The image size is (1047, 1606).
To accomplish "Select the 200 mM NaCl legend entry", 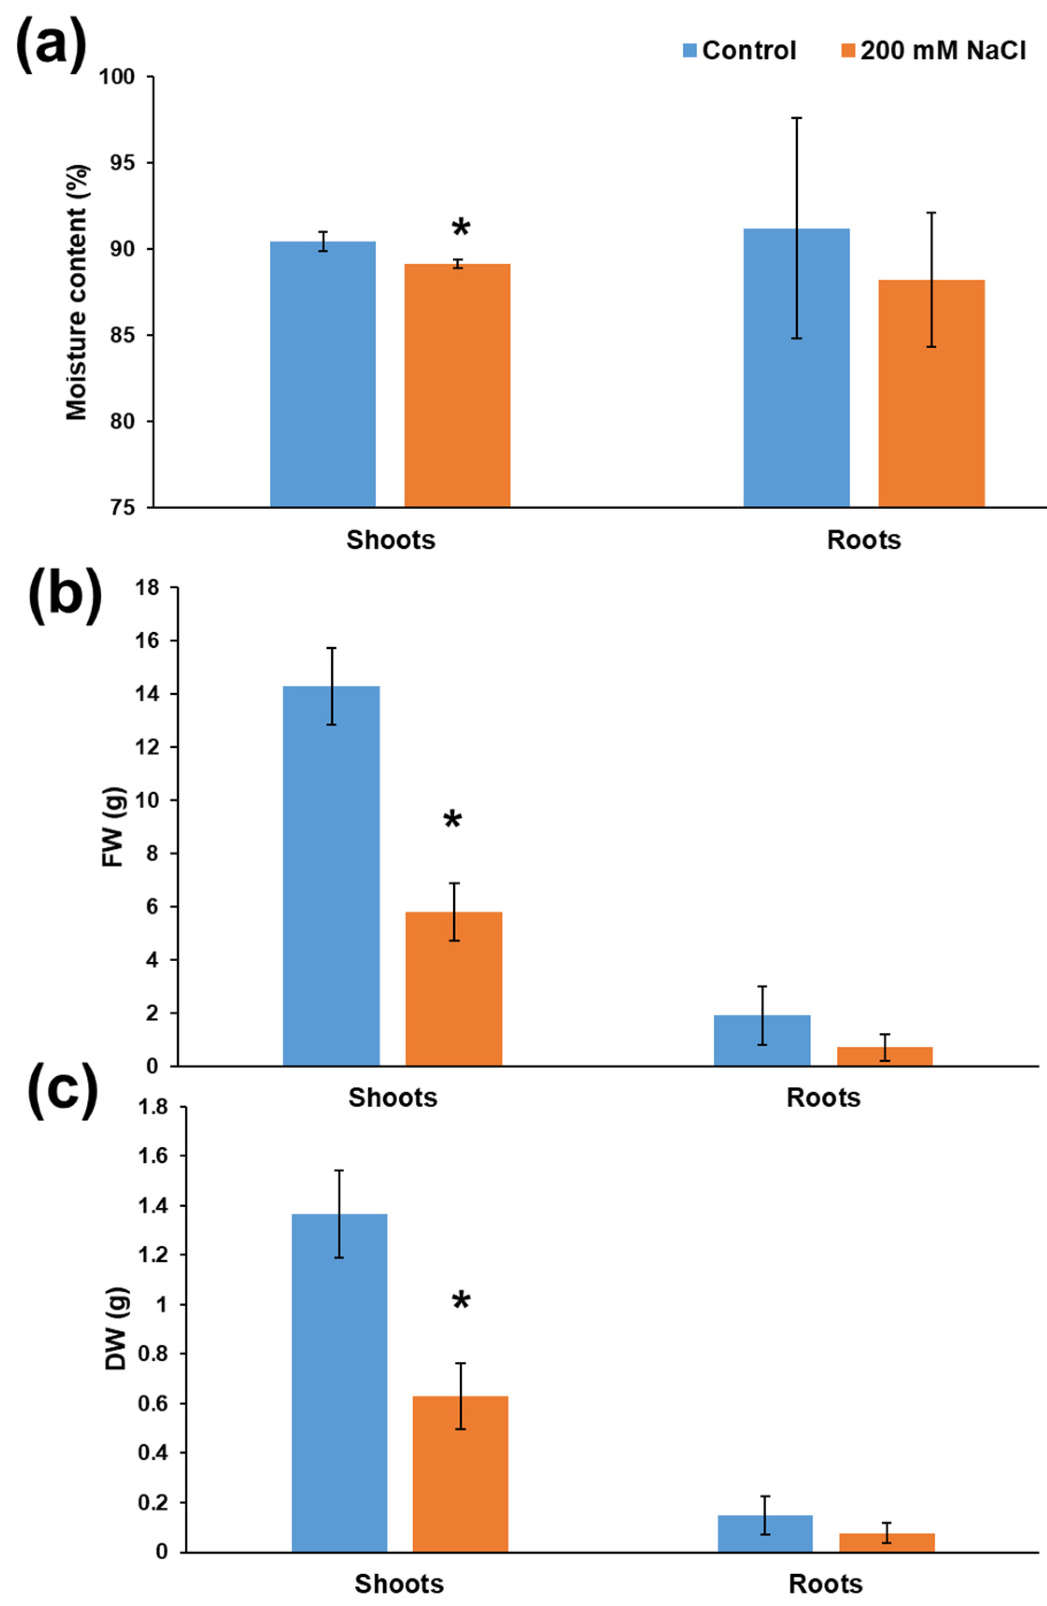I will (x=934, y=50).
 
